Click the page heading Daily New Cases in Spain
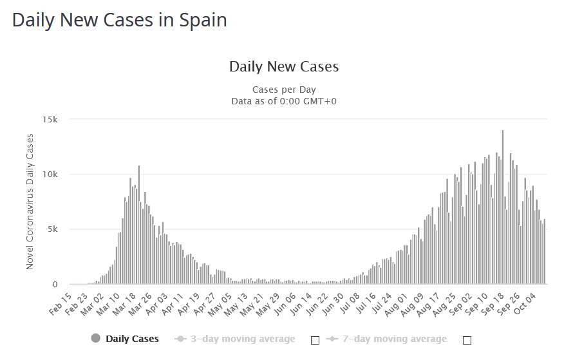(119, 20)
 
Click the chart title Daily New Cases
(284, 66)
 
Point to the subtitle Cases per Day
(284, 89)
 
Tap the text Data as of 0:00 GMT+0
(284, 101)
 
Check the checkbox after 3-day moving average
(315, 340)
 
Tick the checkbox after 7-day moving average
(467, 340)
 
